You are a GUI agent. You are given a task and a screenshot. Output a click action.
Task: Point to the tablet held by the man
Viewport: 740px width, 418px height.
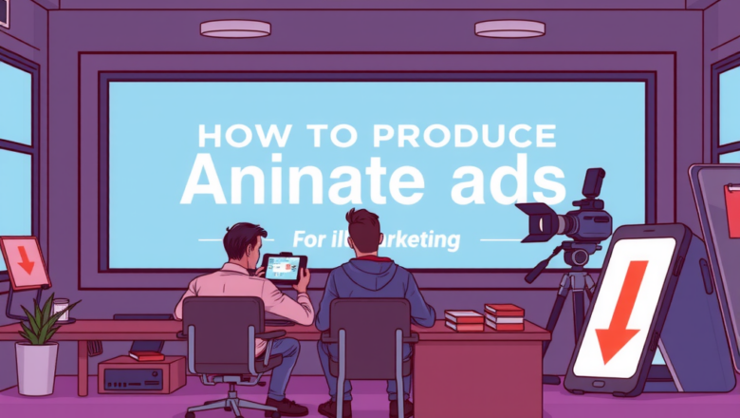285,268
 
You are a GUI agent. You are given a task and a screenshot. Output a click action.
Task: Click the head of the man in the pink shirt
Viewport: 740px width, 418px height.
244,244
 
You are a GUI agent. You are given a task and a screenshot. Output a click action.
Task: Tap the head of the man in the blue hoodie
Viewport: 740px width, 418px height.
364,232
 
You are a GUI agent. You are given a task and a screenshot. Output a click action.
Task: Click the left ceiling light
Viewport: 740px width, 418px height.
235,29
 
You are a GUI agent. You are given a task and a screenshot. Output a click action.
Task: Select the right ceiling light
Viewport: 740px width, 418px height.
509,29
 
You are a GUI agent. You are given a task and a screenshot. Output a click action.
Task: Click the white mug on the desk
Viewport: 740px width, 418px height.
62,310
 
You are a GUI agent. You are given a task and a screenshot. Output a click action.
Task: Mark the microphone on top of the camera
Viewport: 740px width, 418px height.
594,183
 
